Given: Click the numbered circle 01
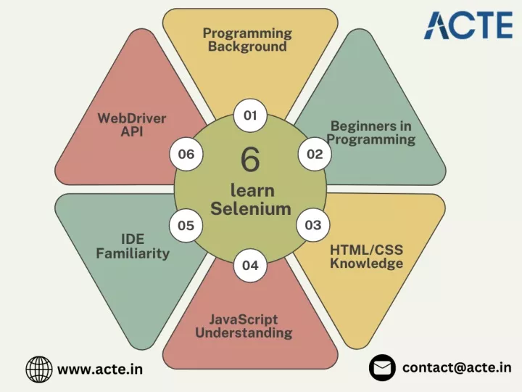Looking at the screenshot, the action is click(250, 115).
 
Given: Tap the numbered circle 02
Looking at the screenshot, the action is click(315, 154).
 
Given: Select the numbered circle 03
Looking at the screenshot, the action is click(313, 225).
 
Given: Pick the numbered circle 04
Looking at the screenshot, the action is click(250, 266).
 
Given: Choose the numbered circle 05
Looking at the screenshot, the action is click(186, 226).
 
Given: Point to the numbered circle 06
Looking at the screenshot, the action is click(186, 154).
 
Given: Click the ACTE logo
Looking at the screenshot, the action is click(468, 25).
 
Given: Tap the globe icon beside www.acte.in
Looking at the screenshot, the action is click(39, 369).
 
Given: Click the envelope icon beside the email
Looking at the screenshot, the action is click(382, 367).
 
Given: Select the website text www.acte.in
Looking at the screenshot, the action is click(100, 369).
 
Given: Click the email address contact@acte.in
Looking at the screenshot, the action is click(457, 367).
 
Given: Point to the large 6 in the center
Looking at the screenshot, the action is click(250, 159).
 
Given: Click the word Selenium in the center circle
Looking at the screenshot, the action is click(251, 208).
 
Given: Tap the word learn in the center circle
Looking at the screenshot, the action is click(253, 190).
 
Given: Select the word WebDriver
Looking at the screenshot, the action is click(132, 118).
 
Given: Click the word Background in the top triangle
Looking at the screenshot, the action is click(247, 46).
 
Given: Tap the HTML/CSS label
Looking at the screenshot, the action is click(367, 250).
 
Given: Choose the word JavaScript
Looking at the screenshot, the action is click(244, 319).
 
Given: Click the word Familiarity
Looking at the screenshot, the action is click(133, 253).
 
